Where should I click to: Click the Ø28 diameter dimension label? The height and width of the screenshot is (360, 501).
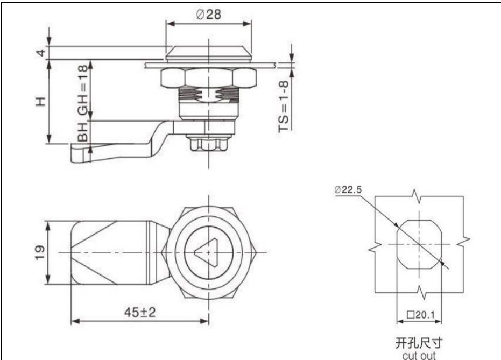(209, 15)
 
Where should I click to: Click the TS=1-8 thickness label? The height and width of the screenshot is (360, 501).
(284, 105)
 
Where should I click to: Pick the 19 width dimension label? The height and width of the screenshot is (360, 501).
(38, 253)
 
